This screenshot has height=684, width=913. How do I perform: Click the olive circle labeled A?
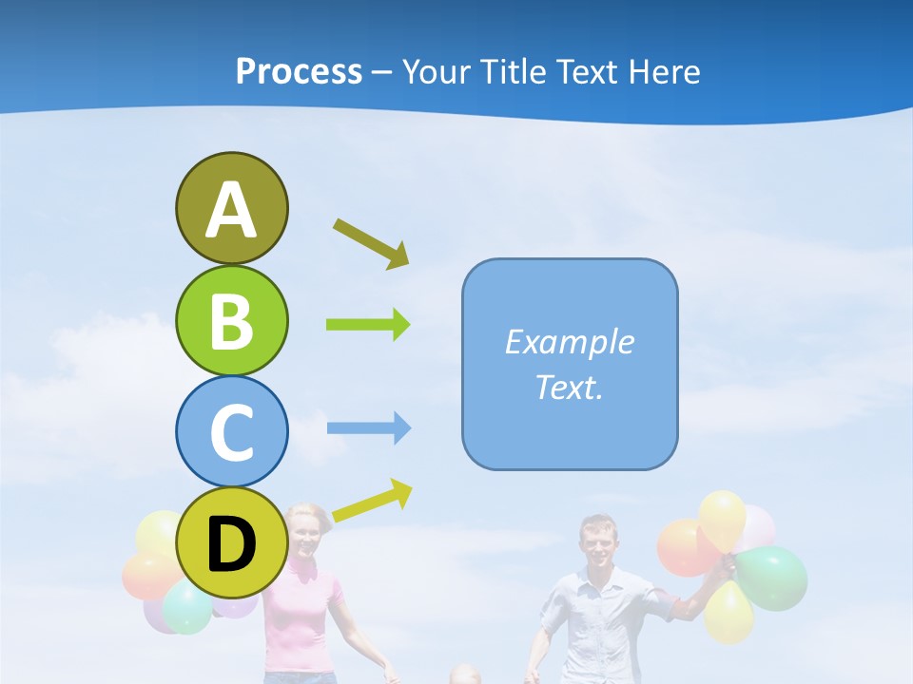[x=231, y=208]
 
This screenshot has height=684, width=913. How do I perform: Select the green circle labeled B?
[x=231, y=320]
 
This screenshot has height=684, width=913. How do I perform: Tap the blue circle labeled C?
[x=231, y=431]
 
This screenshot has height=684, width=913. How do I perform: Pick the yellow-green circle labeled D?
[x=231, y=543]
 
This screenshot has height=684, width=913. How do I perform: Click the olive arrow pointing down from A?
[x=371, y=243]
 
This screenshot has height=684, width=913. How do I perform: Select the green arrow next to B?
[x=368, y=325]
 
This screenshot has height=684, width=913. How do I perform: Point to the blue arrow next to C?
[x=368, y=428]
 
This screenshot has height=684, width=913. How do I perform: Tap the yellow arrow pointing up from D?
[x=372, y=500]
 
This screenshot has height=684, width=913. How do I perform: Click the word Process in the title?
[x=299, y=71]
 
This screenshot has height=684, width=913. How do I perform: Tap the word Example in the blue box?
[x=570, y=342]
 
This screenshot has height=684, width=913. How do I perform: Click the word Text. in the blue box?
[x=570, y=387]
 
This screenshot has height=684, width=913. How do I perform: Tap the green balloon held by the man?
[x=772, y=577]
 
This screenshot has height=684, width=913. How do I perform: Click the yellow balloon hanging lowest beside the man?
[x=729, y=611]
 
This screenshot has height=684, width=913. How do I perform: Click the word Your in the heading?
[x=436, y=71]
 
